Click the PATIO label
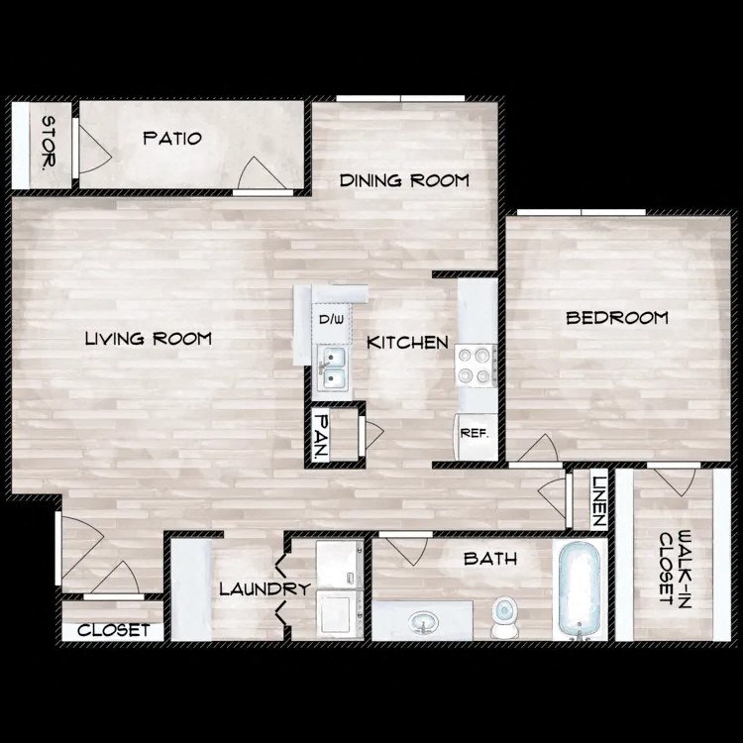click(x=172, y=138)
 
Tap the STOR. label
click(x=47, y=142)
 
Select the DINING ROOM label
click(x=404, y=180)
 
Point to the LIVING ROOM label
click(x=149, y=339)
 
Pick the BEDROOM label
click(x=616, y=318)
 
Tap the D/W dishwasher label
click(x=331, y=320)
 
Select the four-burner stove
click(x=475, y=365)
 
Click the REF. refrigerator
click(x=474, y=432)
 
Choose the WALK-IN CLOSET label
click(x=672, y=568)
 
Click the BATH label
click(x=490, y=559)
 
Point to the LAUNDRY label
click(x=265, y=589)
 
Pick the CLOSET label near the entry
click(x=113, y=630)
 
